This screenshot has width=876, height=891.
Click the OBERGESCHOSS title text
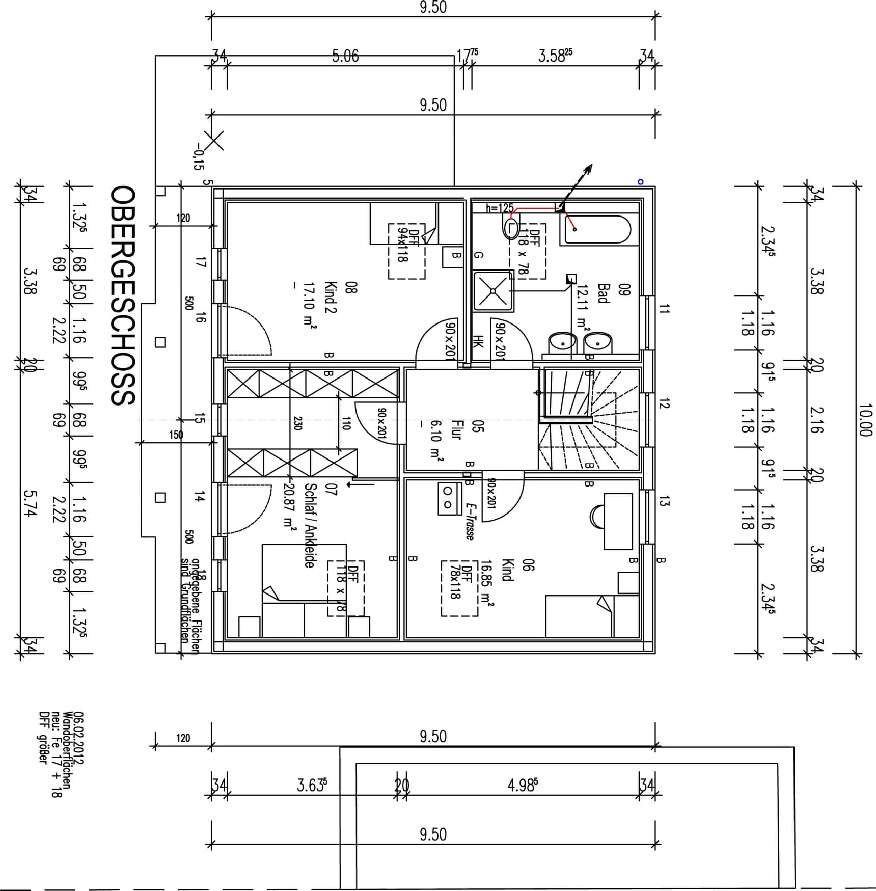click(x=123, y=295)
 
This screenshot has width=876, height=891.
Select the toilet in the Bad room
click(x=511, y=227)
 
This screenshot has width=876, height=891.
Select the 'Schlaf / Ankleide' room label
click(x=310, y=525)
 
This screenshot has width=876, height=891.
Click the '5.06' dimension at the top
click(x=345, y=56)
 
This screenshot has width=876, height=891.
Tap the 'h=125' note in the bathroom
click(x=499, y=208)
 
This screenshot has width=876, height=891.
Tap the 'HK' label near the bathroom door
click(x=477, y=342)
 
